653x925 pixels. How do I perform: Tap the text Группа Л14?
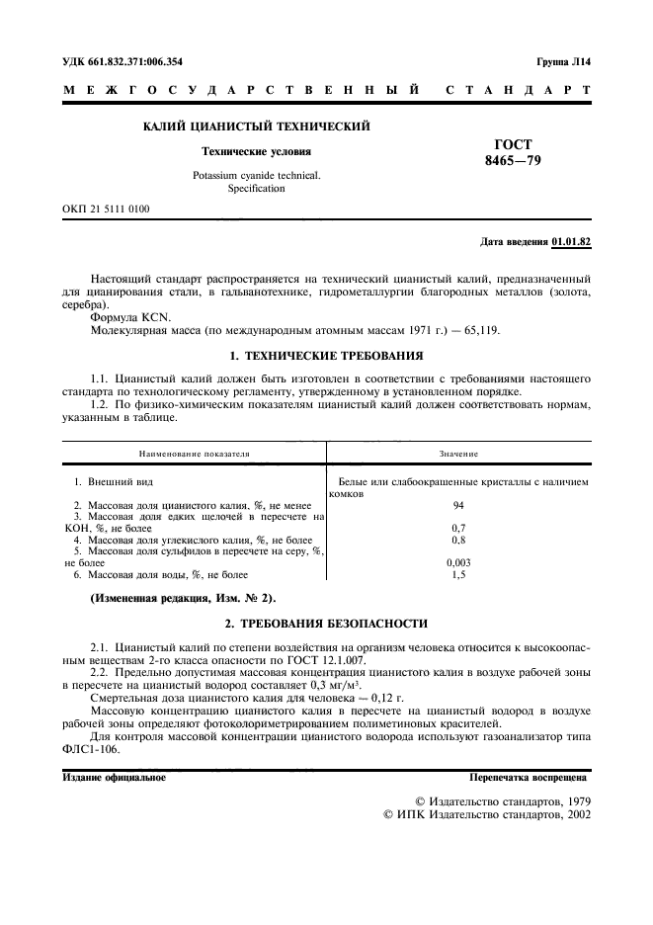click(563, 61)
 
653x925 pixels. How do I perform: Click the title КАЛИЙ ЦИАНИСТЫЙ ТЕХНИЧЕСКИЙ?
click(256, 126)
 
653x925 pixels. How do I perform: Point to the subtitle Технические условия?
click(256, 152)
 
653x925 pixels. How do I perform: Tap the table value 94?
click(458, 505)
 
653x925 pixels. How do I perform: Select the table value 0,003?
click(458, 561)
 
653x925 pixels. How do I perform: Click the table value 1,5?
click(458, 573)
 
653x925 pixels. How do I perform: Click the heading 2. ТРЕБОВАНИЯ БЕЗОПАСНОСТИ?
click(326, 623)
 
